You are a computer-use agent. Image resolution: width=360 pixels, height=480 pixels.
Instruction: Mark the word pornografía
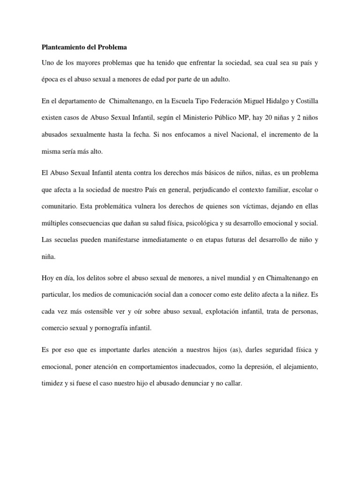[x=112, y=328]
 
